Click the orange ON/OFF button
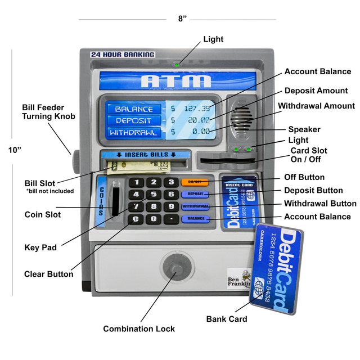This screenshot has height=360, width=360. tap(195, 182)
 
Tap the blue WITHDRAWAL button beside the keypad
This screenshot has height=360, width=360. tap(195, 206)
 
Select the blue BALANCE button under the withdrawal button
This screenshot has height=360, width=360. tap(195, 218)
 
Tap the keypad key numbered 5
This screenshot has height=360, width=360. tap(153, 194)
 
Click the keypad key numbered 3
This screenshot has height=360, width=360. tap(170, 182)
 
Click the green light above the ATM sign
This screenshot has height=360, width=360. tap(177, 65)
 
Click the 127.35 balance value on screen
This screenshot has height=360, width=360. tap(197, 109)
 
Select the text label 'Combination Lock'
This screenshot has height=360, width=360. tap(138, 328)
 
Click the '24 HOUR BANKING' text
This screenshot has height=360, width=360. tap(123, 55)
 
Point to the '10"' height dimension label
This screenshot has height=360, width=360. tap(15, 150)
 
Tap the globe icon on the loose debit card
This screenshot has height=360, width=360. tap(259, 286)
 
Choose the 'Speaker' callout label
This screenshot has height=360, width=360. tap(304, 129)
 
